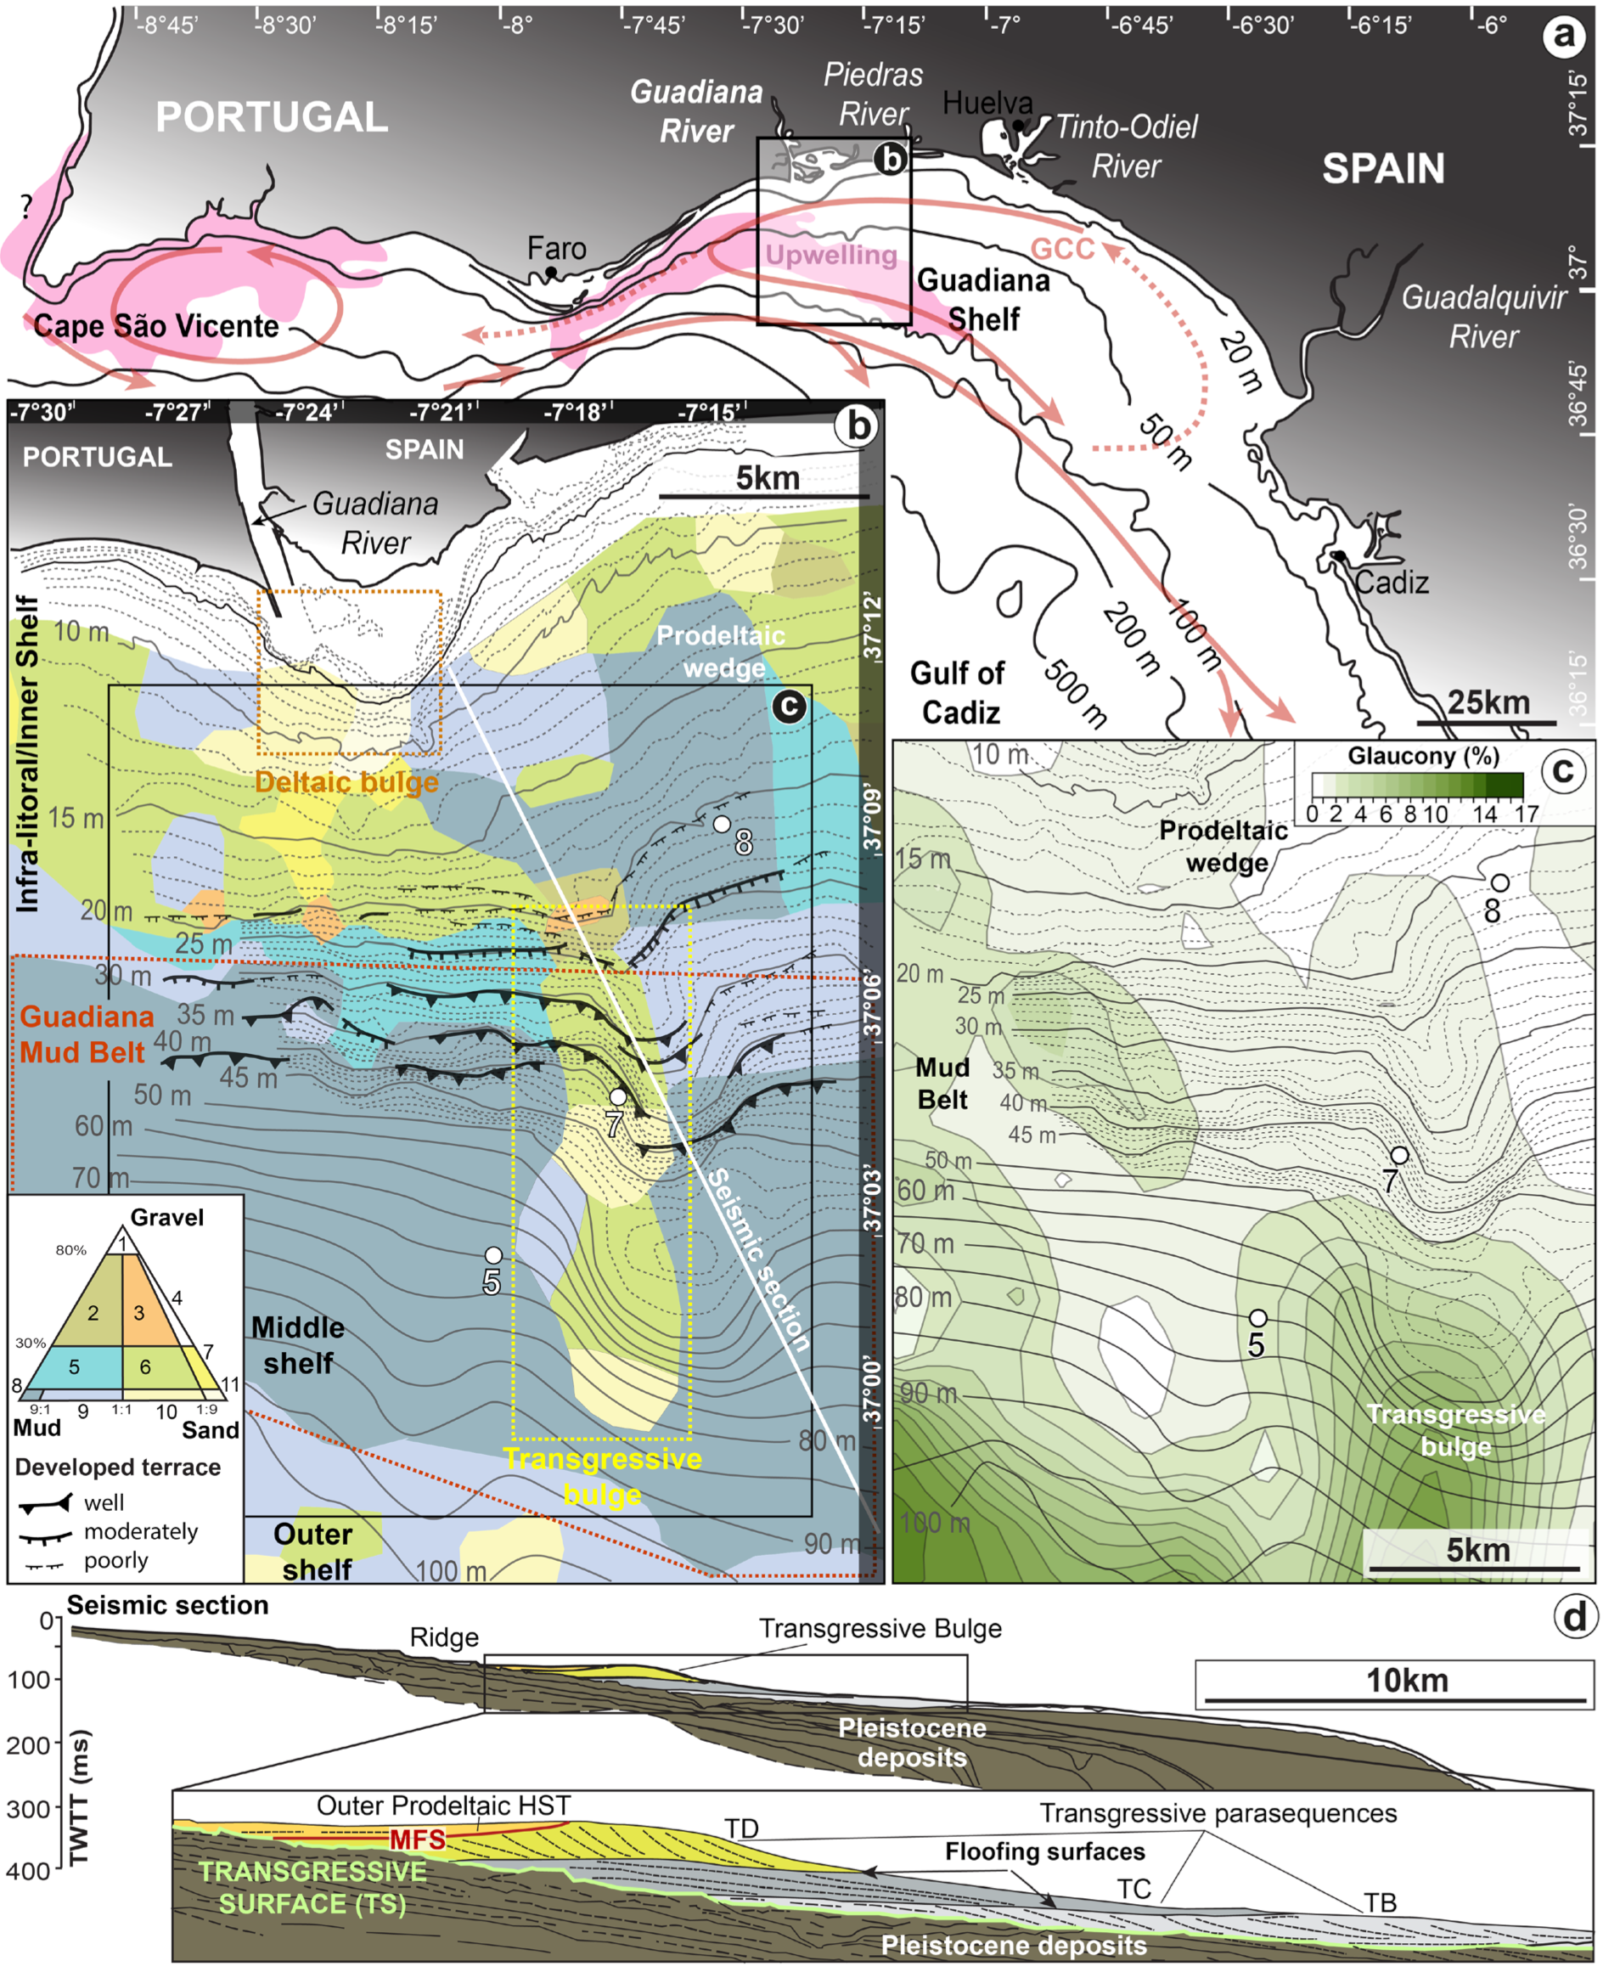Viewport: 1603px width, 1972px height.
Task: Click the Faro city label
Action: coord(556,249)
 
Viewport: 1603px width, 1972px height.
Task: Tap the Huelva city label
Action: coord(987,104)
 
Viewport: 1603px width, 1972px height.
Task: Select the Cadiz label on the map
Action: coord(1392,583)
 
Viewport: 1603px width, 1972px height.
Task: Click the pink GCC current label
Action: coord(1062,249)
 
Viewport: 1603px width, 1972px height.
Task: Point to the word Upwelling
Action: coord(831,255)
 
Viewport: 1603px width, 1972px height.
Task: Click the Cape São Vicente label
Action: coord(156,326)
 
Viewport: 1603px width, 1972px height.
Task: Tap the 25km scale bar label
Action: coord(1488,702)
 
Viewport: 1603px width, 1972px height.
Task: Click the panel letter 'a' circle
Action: coord(1563,36)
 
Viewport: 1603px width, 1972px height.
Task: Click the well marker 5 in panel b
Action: coord(493,1255)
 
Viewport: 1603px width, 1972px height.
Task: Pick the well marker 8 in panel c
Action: coord(1500,883)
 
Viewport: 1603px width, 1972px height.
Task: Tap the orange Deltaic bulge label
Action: coord(346,782)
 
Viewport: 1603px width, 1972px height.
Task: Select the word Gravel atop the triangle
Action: coord(167,1217)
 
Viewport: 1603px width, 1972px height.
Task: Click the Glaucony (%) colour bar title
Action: coord(1422,756)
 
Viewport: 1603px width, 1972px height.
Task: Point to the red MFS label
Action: coord(418,1840)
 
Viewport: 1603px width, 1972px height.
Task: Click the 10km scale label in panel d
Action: coord(1406,1680)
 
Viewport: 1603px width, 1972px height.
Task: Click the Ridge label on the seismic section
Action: coord(444,1637)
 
